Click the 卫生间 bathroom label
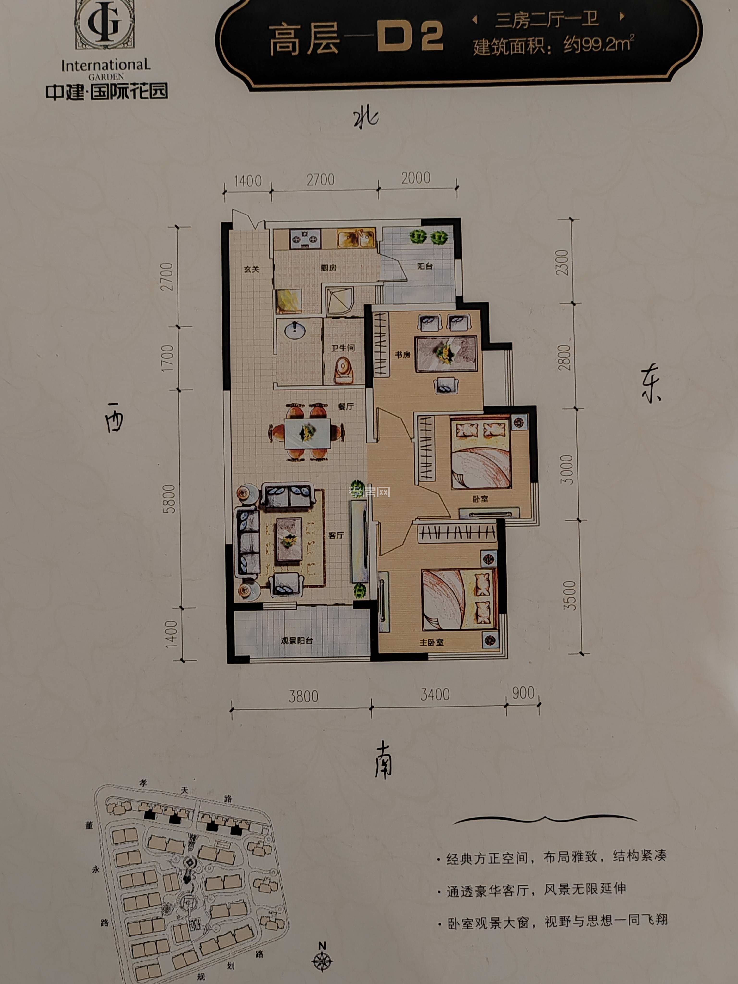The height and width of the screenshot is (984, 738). click(x=343, y=348)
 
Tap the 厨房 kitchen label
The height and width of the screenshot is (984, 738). click(x=328, y=268)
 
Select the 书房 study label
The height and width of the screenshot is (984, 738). click(x=403, y=355)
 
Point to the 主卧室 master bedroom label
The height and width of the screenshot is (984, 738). click(x=431, y=642)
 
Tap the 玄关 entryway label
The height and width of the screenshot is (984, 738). click(x=251, y=269)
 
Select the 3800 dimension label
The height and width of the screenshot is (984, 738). click(x=303, y=696)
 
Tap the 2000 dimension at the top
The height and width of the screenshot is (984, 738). click(x=416, y=178)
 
